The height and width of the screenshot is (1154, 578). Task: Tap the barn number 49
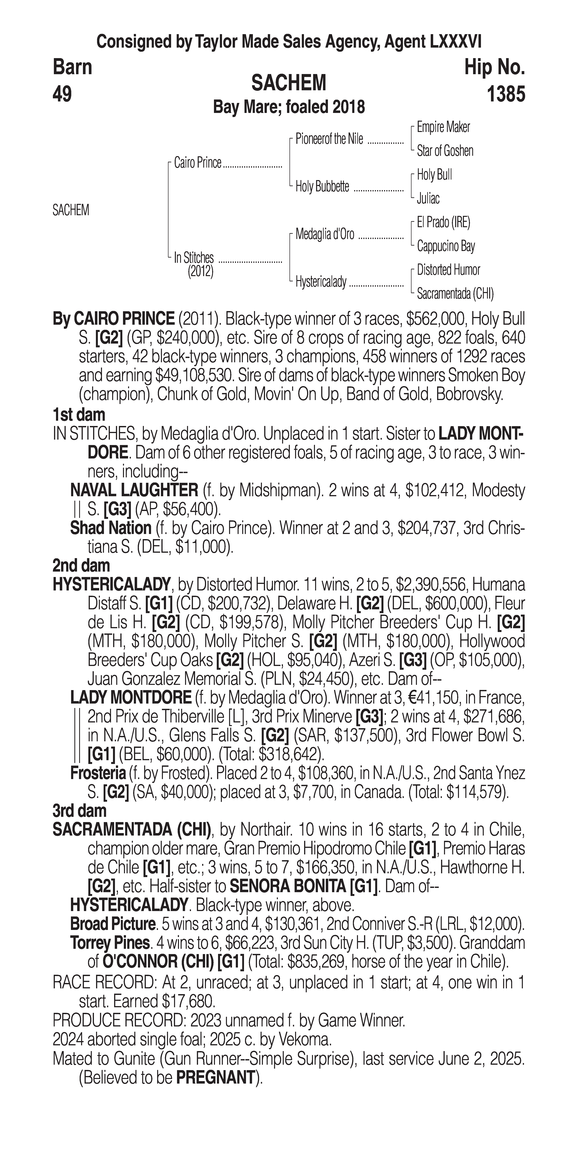coord(62,95)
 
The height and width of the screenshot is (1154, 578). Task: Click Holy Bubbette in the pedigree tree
coord(322,187)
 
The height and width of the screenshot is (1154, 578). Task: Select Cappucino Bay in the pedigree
coord(446,246)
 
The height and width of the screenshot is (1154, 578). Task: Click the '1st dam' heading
coord(79,414)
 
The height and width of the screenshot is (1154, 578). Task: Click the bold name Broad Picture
coord(112,924)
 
